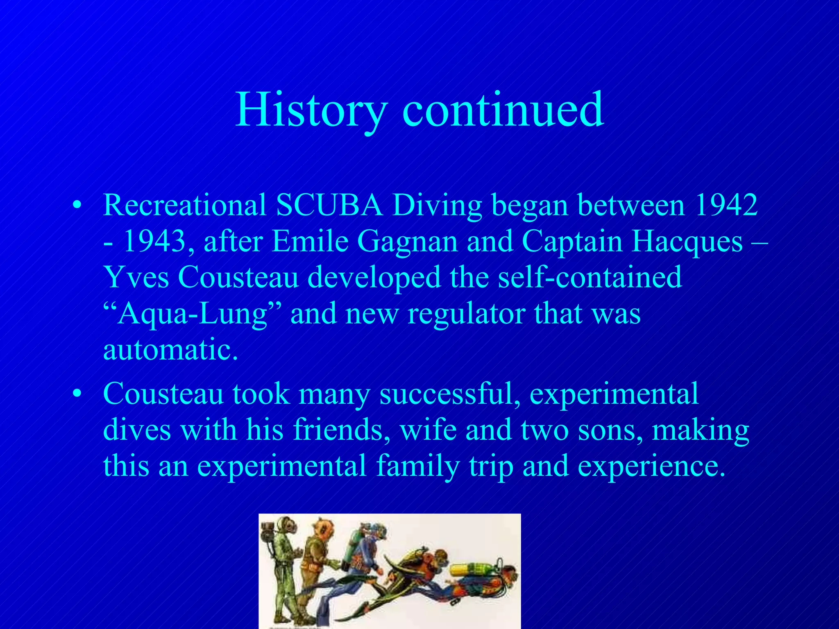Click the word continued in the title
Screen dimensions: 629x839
pyautogui.click(x=503, y=110)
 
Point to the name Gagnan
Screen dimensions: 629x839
pyautogui.click(x=407, y=241)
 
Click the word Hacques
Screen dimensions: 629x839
pyautogui.click(x=687, y=241)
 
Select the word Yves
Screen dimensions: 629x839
pyautogui.click(x=136, y=277)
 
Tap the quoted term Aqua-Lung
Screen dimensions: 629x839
pyautogui.click(x=193, y=314)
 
